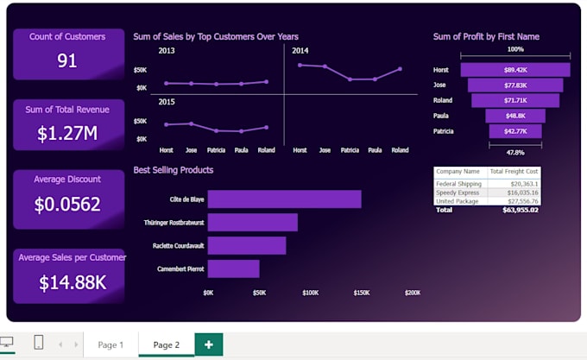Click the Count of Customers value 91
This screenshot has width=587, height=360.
[67, 60]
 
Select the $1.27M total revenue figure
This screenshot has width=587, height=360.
[67, 133]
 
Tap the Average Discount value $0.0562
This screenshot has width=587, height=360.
[67, 205]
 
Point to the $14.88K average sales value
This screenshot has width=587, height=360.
[73, 282]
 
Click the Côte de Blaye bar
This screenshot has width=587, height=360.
[284, 199]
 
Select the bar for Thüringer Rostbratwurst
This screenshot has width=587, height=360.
[252, 222]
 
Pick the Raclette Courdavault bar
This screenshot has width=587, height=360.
[246, 245]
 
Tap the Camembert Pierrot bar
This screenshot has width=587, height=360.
[233, 268]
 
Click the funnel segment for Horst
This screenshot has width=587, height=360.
[514, 69]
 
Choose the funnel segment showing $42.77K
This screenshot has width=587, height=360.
[514, 131]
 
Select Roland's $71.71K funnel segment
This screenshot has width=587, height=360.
[514, 100]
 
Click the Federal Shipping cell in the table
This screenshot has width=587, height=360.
[459, 183]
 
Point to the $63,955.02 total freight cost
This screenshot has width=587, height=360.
[521, 210]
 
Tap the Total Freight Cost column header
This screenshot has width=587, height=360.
[514, 172]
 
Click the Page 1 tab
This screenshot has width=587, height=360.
[110, 344]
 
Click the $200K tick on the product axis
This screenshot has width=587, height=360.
[413, 293]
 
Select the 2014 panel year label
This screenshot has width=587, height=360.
[300, 51]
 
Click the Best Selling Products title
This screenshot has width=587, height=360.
[174, 170]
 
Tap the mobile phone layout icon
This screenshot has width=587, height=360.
[38, 343]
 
